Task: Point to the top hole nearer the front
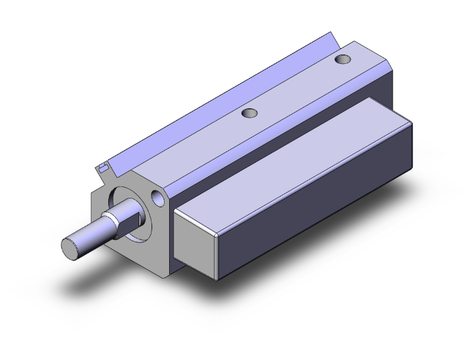pyautogui.click(x=250, y=113)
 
